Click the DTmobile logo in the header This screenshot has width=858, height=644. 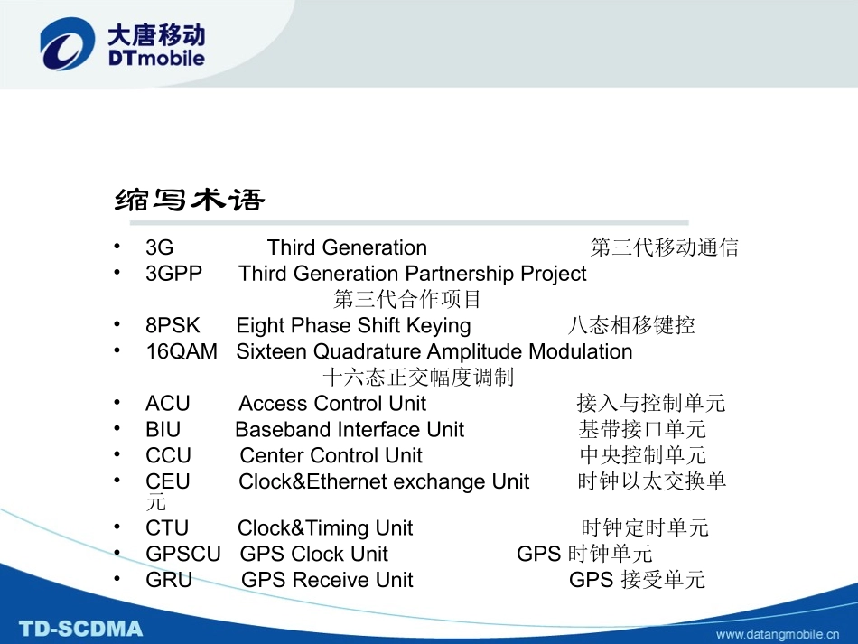122,46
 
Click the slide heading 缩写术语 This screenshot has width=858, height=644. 191,199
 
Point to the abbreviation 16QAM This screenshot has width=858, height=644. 182,351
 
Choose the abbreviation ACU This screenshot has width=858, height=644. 168,404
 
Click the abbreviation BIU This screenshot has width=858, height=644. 163,430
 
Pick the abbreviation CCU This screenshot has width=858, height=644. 169,456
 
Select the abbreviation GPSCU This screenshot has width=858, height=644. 183,555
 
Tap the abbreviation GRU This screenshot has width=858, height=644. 169,581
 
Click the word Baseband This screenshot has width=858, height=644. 276,430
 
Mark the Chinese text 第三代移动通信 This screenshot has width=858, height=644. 665,247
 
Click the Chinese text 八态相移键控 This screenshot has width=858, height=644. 631,325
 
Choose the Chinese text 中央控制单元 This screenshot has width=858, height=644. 643,456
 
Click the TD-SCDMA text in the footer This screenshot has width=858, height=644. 81,628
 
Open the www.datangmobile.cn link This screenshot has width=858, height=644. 783,634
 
